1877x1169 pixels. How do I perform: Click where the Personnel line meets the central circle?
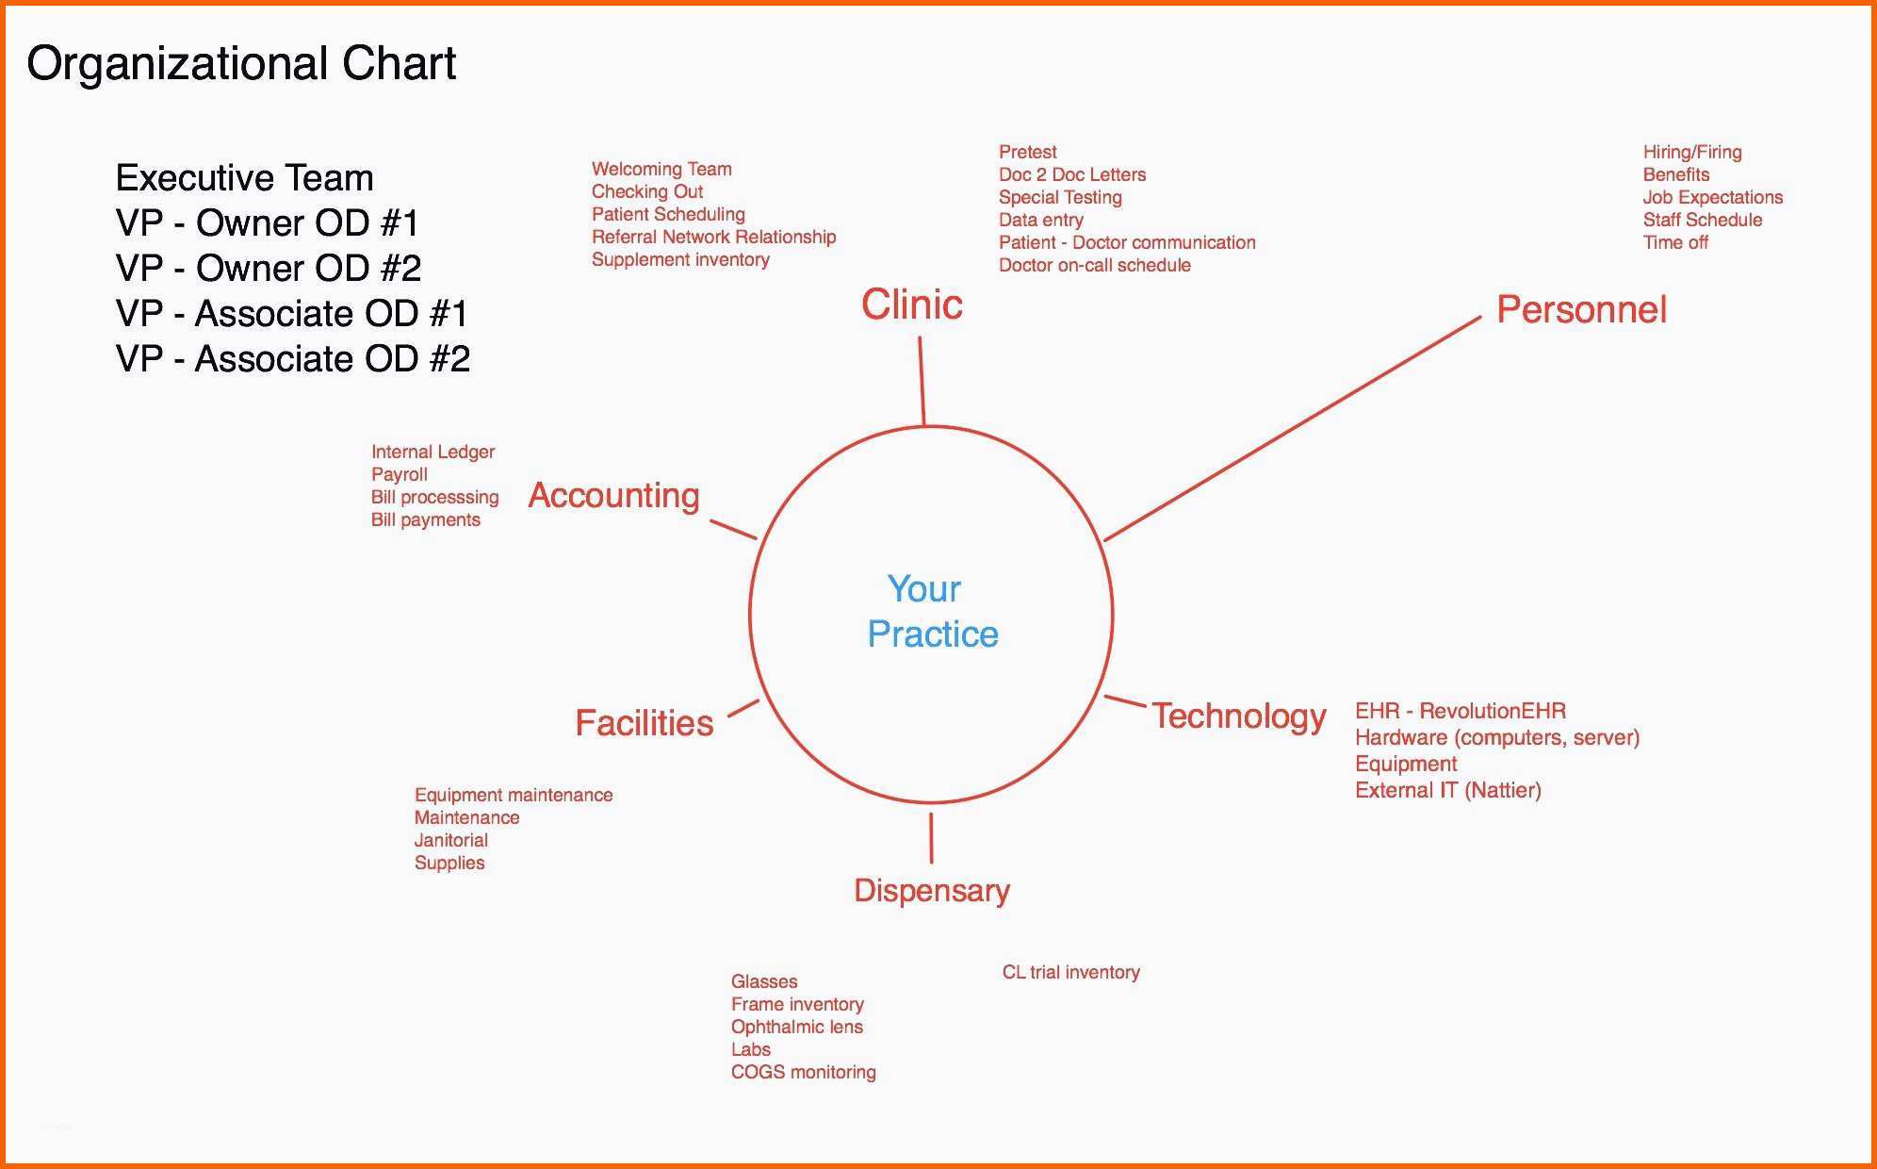click(x=1104, y=540)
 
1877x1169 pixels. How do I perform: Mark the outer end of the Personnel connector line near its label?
click(x=1480, y=318)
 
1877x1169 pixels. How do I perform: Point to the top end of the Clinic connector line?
click(x=920, y=338)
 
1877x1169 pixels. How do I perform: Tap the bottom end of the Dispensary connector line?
click(x=932, y=863)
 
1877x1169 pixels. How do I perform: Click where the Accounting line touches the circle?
click(x=757, y=538)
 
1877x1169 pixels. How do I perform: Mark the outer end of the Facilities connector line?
click(x=728, y=716)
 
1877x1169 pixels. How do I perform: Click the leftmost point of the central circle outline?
click(x=750, y=615)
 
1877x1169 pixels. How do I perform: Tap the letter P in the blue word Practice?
click(x=877, y=634)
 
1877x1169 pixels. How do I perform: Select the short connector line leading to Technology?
click(x=1125, y=701)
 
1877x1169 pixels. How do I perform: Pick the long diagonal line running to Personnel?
click(x=1292, y=429)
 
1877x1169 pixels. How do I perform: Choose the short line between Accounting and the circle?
click(x=733, y=529)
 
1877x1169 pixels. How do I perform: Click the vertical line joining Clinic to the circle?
click(x=922, y=382)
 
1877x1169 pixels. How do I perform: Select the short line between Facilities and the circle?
click(x=743, y=708)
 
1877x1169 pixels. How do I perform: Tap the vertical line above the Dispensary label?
click(x=932, y=838)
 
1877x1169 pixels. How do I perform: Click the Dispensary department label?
click(x=932, y=891)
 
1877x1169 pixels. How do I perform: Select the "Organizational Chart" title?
click(x=241, y=64)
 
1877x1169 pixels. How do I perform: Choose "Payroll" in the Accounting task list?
click(x=400, y=474)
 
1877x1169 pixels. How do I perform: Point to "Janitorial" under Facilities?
click(x=451, y=840)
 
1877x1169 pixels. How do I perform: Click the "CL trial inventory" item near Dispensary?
click(x=1071, y=972)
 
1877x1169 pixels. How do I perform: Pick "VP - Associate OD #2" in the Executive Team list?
click(x=293, y=359)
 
